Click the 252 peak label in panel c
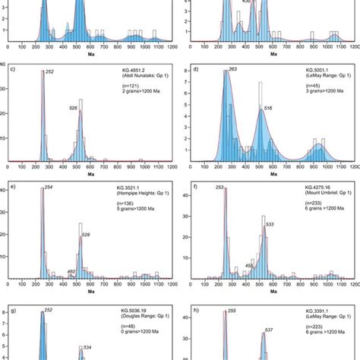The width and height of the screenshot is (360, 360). (x=49, y=72)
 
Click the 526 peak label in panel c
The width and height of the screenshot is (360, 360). (x=95, y=108)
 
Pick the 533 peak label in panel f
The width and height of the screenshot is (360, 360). (x=270, y=224)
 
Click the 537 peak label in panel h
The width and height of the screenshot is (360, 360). (x=268, y=330)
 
